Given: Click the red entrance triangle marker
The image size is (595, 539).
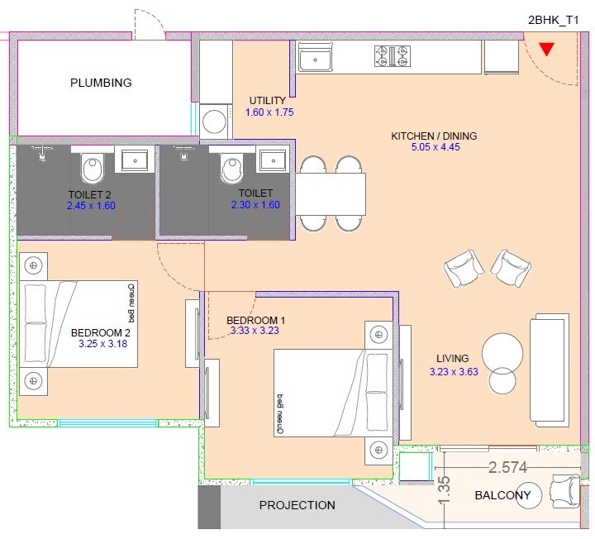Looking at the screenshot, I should tap(545, 49).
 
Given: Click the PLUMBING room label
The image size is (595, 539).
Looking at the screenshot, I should tap(101, 83).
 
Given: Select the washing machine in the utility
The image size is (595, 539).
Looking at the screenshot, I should tap(217, 121).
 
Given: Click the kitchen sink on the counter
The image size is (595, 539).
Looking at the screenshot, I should tap(315, 57).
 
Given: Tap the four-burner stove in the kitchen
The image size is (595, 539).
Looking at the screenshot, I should tap(393, 56).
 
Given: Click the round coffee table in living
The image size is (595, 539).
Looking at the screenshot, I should tap(501, 353).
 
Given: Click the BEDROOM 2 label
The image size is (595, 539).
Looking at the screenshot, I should tap(101, 332).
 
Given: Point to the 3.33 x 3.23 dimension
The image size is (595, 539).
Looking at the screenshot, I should tap(257, 332).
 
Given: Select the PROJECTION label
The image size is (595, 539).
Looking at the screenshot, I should tap(297, 505).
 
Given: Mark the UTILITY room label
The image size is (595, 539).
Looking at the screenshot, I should tap(268, 101).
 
